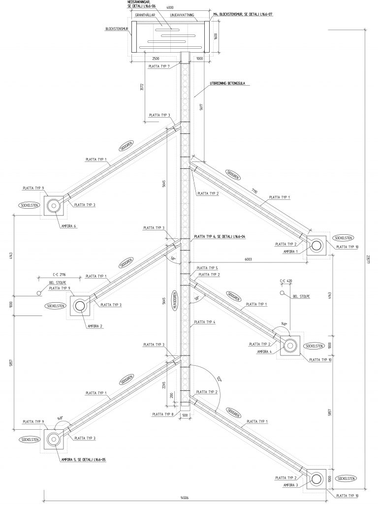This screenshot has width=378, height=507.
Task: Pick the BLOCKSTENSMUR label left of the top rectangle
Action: (117, 29)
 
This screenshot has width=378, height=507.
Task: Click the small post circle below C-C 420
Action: (282, 293)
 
